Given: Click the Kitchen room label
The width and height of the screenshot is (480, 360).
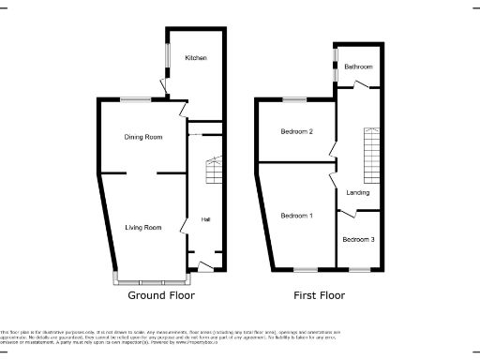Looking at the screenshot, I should [x=195, y=58].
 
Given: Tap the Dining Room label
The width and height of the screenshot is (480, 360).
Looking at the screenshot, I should [x=143, y=137].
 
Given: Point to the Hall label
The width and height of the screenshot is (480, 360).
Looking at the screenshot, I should [x=204, y=220].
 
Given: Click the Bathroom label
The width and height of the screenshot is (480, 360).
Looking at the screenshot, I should [x=358, y=67].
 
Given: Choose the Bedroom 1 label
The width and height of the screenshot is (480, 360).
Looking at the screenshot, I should [x=296, y=216].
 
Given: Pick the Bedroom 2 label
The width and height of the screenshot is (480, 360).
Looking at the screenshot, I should [x=296, y=131].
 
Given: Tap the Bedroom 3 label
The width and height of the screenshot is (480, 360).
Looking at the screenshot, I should [x=358, y=240].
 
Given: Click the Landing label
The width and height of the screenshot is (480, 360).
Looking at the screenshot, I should [x=357, y=193].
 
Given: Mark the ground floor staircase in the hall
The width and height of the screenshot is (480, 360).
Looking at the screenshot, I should [x=214, y=172].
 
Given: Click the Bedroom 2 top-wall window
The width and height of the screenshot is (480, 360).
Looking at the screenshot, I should [x=296, y=98].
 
